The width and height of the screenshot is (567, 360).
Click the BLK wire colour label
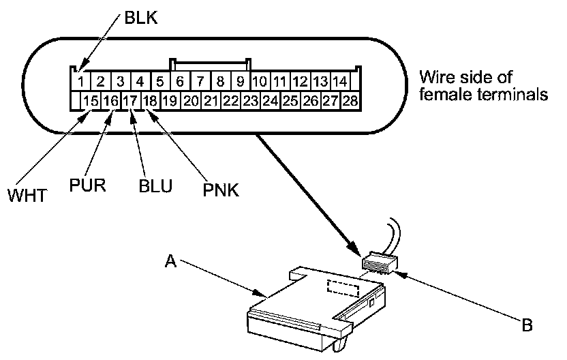141,17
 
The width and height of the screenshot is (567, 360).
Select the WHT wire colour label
27,196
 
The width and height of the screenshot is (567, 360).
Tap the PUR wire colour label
87,185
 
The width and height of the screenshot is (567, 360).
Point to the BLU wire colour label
155,185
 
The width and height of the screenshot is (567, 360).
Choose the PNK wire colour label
221,190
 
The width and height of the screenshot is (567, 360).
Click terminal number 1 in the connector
81,81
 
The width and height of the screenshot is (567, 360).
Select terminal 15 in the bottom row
91,101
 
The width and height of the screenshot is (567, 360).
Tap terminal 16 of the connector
110,101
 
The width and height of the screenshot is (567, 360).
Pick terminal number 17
130,101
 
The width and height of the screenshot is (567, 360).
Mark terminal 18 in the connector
150,101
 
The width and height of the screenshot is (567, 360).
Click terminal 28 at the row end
350,101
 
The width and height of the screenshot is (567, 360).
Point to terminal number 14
340,81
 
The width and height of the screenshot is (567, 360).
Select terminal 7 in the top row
200,81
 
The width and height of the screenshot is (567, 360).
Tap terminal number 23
250,101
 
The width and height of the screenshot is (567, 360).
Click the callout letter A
170,261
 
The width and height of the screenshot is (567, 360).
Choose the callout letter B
527,325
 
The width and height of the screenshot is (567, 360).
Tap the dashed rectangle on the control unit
343,288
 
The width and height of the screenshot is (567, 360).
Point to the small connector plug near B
380,264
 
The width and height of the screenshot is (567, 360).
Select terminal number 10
260,81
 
